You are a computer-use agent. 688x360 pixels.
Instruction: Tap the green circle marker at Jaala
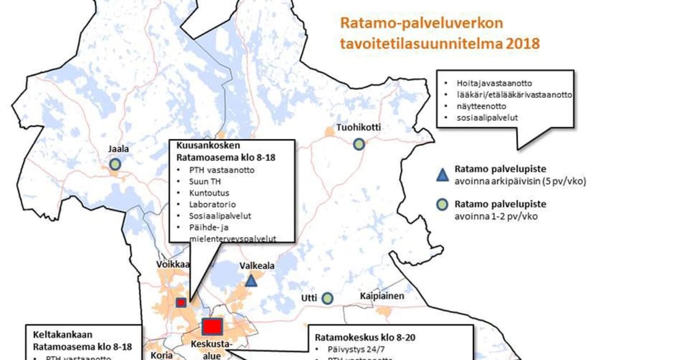click(115, 165)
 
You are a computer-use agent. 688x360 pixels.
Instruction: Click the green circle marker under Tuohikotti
click(359, 144)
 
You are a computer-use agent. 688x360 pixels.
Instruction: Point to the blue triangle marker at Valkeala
click(251, 281)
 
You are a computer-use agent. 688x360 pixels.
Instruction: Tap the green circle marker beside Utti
click(327, 298)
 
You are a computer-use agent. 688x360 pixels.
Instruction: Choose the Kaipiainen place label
click(382, 296)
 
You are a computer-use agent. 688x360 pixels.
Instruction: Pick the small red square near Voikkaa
click(181, 302)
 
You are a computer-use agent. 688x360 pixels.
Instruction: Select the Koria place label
click(161, 355)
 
